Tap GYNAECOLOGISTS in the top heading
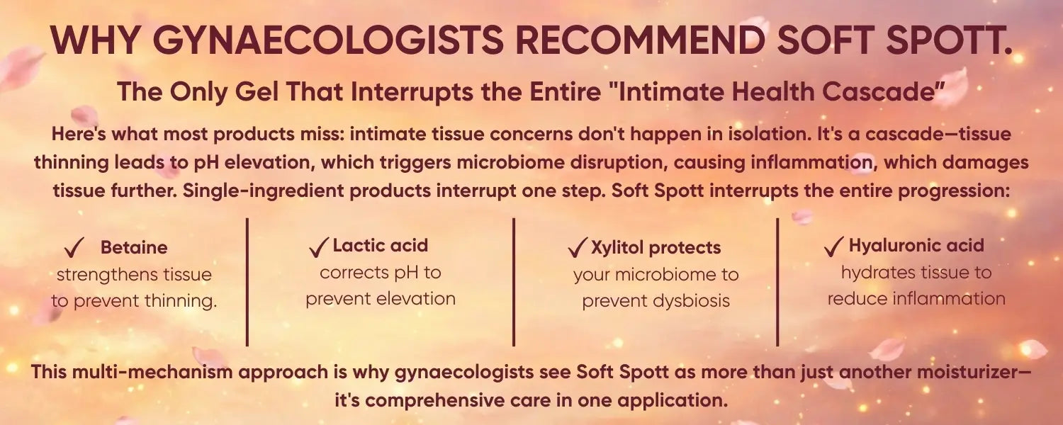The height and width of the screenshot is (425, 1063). coord(328,40)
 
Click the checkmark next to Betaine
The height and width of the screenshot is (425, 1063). coord(74,248)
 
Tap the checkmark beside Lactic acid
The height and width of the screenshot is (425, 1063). coord(318,247)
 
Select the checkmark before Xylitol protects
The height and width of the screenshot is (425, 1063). coord(578,248)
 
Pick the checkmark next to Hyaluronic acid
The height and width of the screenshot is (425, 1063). coord(834,246)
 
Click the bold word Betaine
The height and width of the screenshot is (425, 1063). coord(134,248)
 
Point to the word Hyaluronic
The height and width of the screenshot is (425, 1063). coord(889,246)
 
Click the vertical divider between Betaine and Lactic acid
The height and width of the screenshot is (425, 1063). coord(247,282)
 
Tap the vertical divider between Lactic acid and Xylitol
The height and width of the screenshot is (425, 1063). coord(514,282)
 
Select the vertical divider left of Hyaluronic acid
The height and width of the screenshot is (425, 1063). coord(777,282)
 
